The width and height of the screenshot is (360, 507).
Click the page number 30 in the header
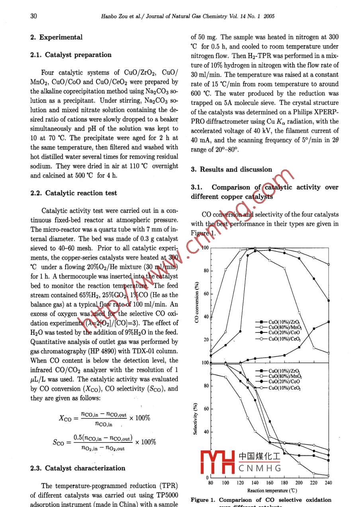pyautogui.click(x=33, y=16)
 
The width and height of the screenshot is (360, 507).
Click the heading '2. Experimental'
pyautogui.click(x=56, y=37)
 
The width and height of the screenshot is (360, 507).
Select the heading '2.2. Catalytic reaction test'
pyautogui.click(x=74, y=193)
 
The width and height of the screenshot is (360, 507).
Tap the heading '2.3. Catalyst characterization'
pyautogui.click(x=78, y=468)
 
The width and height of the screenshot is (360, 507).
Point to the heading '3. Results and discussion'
pyautogui.click(x=231, y=170)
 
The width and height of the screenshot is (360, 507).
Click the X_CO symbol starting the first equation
pyautogui.click(x=65, y=418)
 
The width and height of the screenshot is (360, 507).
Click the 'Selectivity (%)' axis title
pyautogui.click(x=196, y=419)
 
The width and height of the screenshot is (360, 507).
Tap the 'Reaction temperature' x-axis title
pyautogui.click(x=272, y=491)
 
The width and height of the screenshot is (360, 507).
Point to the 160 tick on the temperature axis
pyautogui.click(x=270, y=483)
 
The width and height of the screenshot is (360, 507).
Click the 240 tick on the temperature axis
pyautogui.click(x=328, y=483)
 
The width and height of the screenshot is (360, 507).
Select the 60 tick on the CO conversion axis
pyautogui.click(x=206, y=294)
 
